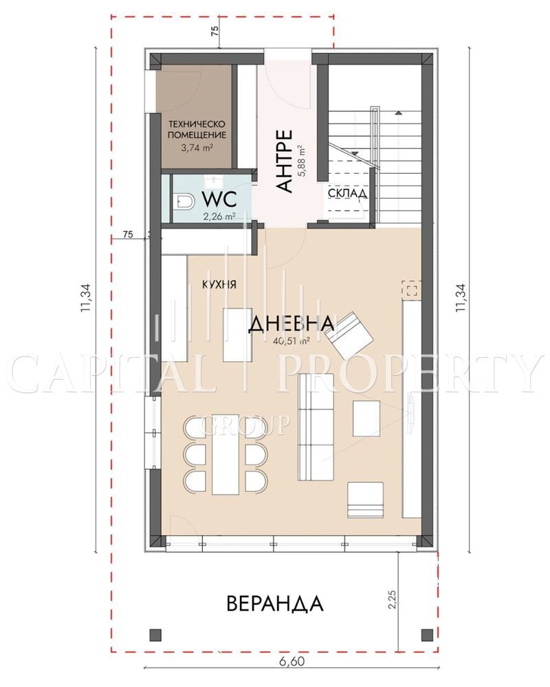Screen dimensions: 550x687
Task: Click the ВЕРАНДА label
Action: tap(275, 603)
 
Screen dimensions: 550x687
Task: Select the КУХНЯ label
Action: tap(219, 284)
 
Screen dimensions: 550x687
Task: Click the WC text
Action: tap(219, 199)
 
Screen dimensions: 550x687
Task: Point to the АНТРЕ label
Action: tap(285, 161)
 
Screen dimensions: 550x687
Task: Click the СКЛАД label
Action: tap(348, 193)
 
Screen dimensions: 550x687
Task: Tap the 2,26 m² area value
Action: tap(219, 216)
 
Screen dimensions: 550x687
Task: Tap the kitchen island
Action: tap(237, 335)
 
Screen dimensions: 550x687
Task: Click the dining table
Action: tap(225, 454)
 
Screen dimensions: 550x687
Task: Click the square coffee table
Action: tap(366, 418)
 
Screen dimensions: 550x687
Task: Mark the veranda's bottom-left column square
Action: tap(155, 634)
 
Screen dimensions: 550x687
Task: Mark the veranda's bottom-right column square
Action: tap(427, 634)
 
